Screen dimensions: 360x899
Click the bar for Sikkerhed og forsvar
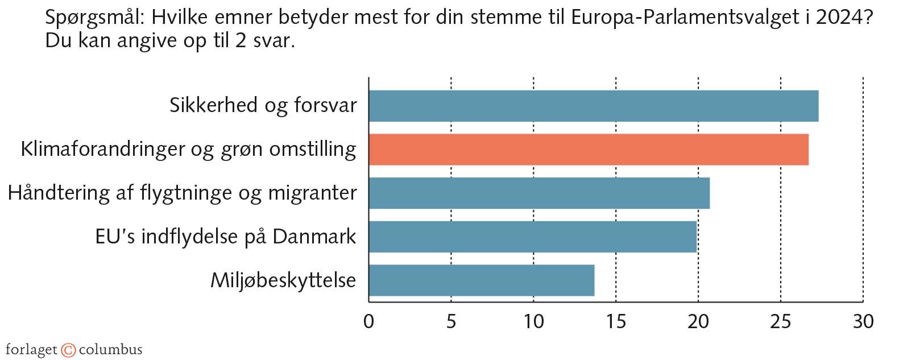(x=593, y=106)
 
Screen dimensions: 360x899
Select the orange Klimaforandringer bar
(x=588, y=150)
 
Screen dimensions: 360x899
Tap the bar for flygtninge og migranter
(x=538, y=193)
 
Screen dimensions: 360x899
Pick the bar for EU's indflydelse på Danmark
(x=532, y=237)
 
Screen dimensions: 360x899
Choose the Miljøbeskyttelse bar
(x=481, y=280)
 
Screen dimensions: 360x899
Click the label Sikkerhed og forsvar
(x=263, y=106)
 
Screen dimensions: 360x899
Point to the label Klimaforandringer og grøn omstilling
(x=188, y=150)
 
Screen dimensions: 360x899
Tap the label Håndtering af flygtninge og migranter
(x=182, y=193)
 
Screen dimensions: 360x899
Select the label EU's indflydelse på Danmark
(x=226, y=237)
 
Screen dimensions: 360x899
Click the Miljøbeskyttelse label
(x=283, y=280)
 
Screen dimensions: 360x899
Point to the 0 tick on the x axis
(x=368, y=322)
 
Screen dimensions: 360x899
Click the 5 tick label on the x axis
(x=451, y=322)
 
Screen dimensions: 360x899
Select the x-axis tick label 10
(x=533, y=322)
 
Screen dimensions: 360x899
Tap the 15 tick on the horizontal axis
(x=616, y=322)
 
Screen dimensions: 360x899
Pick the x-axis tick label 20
(x=698, y=322)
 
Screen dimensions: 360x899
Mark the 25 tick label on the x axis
(x=781, y=322)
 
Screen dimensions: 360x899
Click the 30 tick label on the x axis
(x=863, y=322)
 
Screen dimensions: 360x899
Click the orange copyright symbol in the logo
(x=68, y=350)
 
